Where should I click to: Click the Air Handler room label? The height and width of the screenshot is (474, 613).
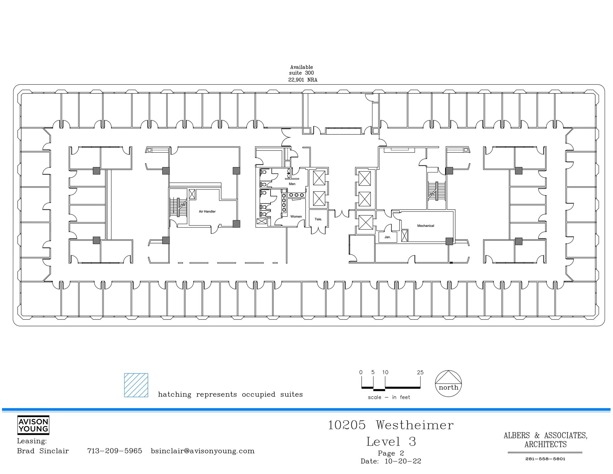(207, 211)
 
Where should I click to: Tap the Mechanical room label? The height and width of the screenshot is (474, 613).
(426, 226)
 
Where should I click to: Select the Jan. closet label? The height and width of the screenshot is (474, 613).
(388, 237)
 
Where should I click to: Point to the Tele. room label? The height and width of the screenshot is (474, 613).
(318, 219)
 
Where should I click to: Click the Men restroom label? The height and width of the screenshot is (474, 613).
(292, 184)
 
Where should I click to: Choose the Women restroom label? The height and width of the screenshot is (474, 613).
(296, 216)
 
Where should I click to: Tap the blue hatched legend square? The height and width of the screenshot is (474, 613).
(136, 385)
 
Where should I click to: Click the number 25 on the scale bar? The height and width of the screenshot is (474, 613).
(420, 372)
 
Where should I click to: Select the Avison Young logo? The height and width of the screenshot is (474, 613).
(33, 425)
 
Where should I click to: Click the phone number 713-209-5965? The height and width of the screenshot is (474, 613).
(115, 451)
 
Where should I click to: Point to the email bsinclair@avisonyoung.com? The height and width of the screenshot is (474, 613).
(203, 451)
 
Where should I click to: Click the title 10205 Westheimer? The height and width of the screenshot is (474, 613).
(391, 425)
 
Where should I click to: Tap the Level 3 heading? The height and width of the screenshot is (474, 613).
(391, 442)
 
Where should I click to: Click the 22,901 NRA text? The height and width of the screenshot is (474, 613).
(303, 80)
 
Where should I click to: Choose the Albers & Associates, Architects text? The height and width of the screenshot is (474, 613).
(545, 440)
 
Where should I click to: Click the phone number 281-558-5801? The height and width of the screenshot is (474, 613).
(545, 459)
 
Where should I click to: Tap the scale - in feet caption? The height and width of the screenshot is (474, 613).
(389, 397)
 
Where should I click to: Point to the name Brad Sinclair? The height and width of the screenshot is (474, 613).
(43, 451)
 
